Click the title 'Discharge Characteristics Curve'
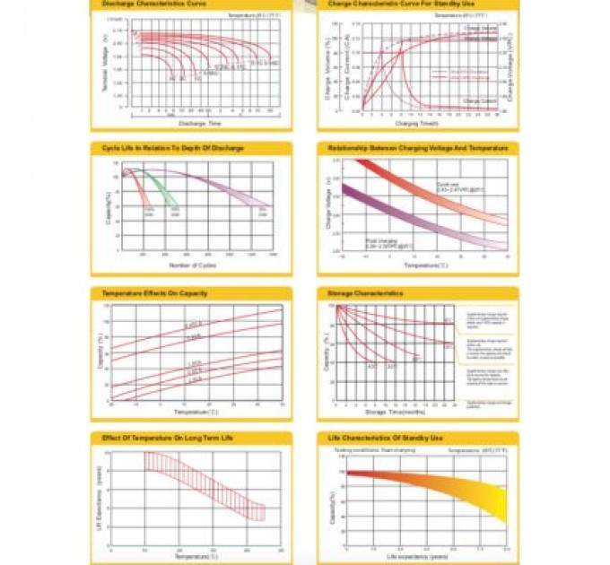coord(146,5)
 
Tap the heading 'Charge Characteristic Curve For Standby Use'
coord(388,5)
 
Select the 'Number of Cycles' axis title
coord(192,265)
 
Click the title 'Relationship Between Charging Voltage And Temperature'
coord(418,148)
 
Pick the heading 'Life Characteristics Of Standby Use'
coord(386,439)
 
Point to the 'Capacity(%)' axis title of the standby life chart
coord(332,507)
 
